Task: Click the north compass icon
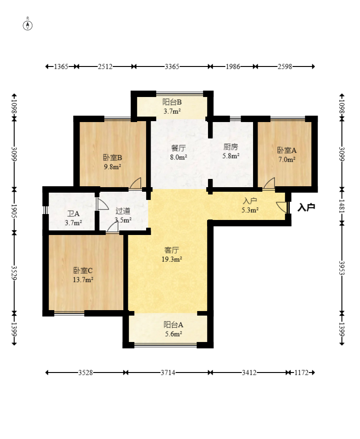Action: (27, 26)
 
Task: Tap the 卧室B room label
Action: (112, 158)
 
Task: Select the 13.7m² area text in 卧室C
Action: (83, 280)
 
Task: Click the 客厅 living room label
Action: (172, 250)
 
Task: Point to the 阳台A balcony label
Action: (173, 325)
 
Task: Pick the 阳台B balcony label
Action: (172, 102)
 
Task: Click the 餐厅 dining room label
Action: (178, 148)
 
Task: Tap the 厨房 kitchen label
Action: (231, 147)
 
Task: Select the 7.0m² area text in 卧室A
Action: (287, 159)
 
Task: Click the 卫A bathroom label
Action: (73, 214)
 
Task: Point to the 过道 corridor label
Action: (123, 211)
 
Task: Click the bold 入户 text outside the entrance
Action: (306, 208)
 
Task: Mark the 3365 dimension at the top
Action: (172, 66)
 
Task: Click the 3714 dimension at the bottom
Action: (168, 373)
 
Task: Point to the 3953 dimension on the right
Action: (342, 268)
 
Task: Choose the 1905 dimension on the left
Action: (14, 211)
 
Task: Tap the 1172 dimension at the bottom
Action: (301, 373)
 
